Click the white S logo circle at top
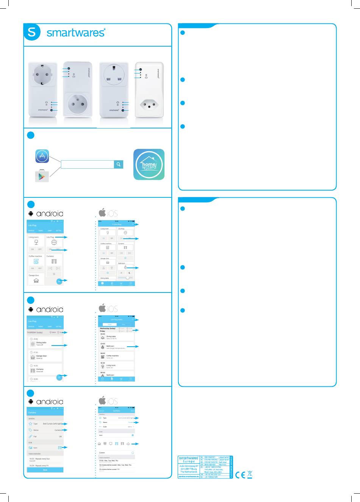(x=32, y=32)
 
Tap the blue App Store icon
(x=42, y=156)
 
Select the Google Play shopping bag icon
(x=42, y=176)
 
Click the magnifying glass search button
(x=119, y=164)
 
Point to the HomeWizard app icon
(x=149, y=164)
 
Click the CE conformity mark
(x=240, y=475)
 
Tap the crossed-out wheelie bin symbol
(x=250, y=474)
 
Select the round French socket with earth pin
(x=77, y=103)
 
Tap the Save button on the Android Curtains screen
(x=45, y=470)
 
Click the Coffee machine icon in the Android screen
(x=36, y=261)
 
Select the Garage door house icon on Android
(x=36, y=281)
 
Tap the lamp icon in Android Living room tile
(x=36, y=242)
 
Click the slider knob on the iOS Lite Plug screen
(x=127, y=278)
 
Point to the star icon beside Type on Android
(x=30, y=424)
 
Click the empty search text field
(x=87, y=164)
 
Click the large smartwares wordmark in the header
(x=75, y=33)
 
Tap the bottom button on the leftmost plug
(x=52, y=110)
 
